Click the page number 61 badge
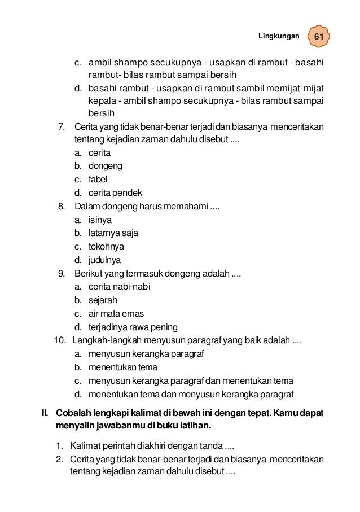[x=319, y=37]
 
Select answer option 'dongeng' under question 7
[x=106, y=167]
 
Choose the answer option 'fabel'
[x=98, y=180]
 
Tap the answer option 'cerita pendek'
[x=115, y=193]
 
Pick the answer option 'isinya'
[x=100, y=220]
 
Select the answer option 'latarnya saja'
[x=113, y=233]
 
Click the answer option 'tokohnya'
[x=106, y=247]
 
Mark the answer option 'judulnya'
[x=104, y=260]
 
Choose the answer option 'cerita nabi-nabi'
[x=120, y=287]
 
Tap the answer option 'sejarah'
[x=103, y=300]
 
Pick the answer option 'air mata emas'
[x=116, y=313]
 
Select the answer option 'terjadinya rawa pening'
[x=133, y=327]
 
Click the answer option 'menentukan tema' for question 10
[x=123, y=367]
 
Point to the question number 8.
[x=62, y=207]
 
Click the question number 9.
[x=62, y=274]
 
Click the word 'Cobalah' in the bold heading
[x=76, y=413]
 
